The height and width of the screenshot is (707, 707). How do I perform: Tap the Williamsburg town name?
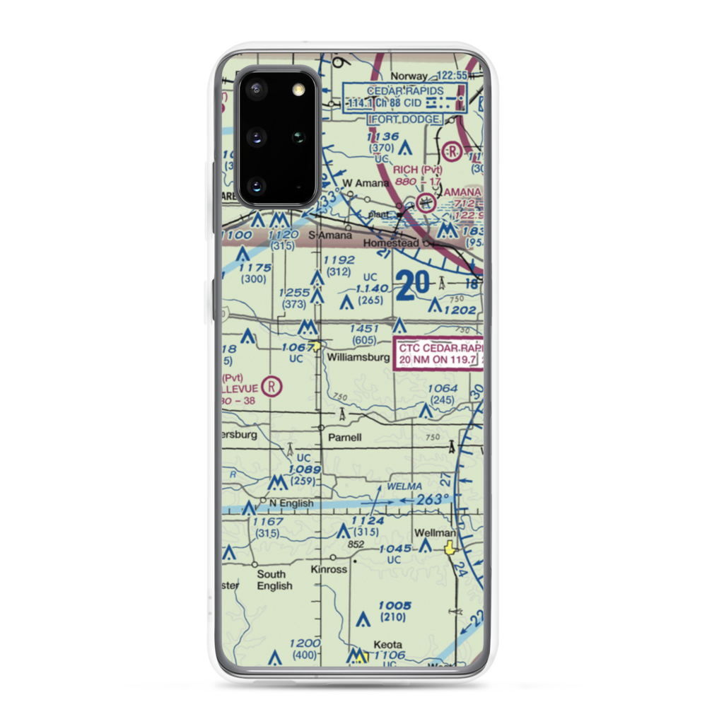tap(358, 358)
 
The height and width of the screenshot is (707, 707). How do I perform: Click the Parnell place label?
tap(345, 438)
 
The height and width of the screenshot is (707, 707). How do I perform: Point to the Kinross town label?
tap(329, 569)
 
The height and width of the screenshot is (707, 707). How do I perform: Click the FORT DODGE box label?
tap(405, 120)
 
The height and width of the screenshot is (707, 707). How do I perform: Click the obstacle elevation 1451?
tap(365, 329)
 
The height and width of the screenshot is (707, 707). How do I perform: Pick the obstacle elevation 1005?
tap(394, 605)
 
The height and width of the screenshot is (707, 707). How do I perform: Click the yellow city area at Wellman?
tap(450, 547)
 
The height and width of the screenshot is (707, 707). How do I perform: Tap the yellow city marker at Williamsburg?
tap(320, 346)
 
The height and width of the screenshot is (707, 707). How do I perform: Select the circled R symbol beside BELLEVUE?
tap(271, 386)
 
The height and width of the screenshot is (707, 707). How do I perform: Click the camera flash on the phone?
tap(296, 89)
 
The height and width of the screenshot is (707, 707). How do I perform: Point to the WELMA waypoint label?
tap(404, 486)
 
